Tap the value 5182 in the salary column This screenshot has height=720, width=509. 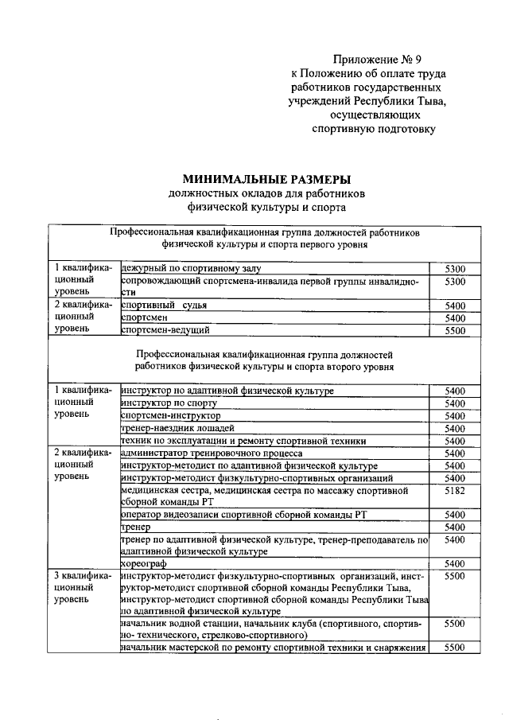coord(455,492)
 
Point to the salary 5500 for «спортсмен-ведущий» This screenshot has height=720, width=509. coord(455,329)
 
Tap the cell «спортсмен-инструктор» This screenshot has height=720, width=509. coord(170,415)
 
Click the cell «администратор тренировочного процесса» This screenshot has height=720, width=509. coord(210,453)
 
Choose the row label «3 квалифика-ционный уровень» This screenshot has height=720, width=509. coord(83,586)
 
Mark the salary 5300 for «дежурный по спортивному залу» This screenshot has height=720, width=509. coord(455,269)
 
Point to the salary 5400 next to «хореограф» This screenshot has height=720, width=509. coord(455,563)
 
